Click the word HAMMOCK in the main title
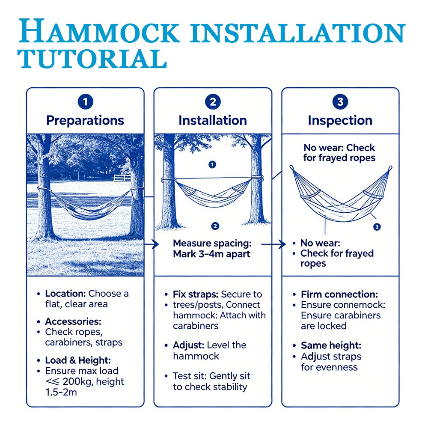[99, 31]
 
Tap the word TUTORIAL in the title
[92, 59]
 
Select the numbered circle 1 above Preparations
[86, 102]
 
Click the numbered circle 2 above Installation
[213, 102]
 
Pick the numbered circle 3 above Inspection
[340, 102]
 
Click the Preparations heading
[85, 120]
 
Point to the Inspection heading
[340, 120]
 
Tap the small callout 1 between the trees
[212, 164]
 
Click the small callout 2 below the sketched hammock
[215, 226]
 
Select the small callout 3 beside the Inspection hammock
[377, 226]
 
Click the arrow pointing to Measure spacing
[152, 244]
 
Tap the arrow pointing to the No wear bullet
[273, 244]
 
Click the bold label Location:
[65, 294]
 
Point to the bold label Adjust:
[189, 345]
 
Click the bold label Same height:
[331, 345]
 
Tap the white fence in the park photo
[122, 178]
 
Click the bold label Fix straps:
[196, 294]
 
